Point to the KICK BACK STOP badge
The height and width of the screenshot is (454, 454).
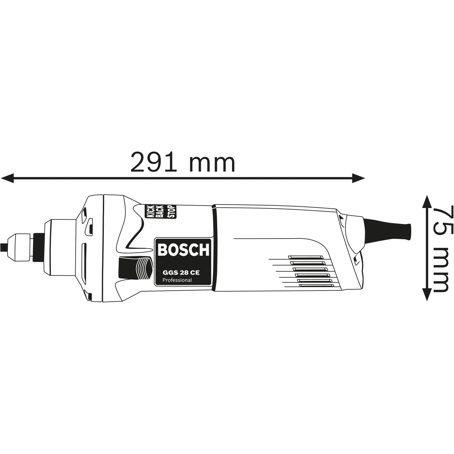161,211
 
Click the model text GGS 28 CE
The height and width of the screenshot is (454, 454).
181,273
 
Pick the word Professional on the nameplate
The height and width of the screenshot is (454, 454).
177,280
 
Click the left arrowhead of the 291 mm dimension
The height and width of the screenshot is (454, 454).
7,178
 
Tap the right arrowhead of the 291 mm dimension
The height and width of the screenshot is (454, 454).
358,178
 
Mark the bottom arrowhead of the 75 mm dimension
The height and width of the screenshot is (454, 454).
426,294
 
